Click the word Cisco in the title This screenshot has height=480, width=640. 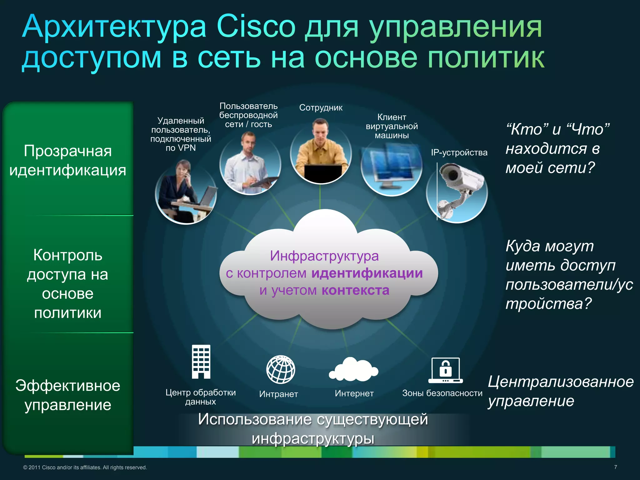256,27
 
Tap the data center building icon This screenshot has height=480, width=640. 201,362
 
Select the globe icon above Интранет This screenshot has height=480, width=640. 281,369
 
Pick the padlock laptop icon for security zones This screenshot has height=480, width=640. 445,370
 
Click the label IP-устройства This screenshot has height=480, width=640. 459,152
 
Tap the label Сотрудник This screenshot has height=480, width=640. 321,108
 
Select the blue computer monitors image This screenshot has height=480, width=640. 391,169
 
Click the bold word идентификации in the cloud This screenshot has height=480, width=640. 367,273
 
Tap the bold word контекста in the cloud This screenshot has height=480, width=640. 355,291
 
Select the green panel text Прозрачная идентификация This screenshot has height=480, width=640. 68,161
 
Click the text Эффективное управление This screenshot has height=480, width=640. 68,395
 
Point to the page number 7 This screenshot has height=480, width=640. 615,467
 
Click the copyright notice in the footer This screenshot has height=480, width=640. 85,467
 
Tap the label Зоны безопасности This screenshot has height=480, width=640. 442,393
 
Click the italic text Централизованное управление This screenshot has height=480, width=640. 561,391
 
